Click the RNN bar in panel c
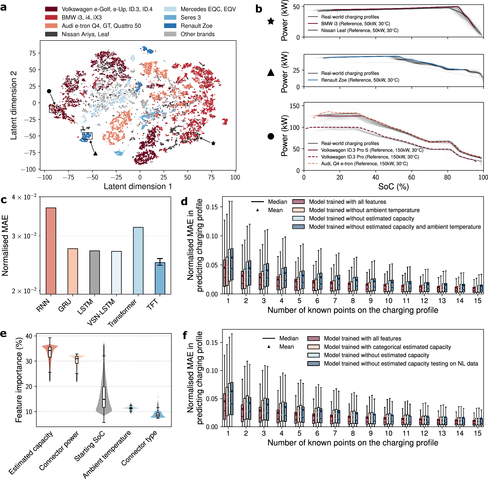(x=51, y=250)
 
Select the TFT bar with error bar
(x=160, y=278)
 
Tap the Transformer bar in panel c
(x=138, y=260)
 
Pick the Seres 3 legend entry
(x=190, y=17)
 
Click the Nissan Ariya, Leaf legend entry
(x=85, y=34)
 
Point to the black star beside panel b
(x=271, y=21)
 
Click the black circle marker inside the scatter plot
(x=49, y=91)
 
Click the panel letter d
(x=184, y=201)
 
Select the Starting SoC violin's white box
(x=104, y=397)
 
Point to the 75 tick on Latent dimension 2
(x=32, y=53)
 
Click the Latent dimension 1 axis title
(x=138, y=187)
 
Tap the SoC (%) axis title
(x=394, y=187)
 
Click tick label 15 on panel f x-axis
(x=478, y=433)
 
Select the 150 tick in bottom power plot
(x=295, y=106)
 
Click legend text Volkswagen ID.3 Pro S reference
(x=372, y=150)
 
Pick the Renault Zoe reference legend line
(x=313, y=80)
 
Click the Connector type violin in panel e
(x=158, y=415)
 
